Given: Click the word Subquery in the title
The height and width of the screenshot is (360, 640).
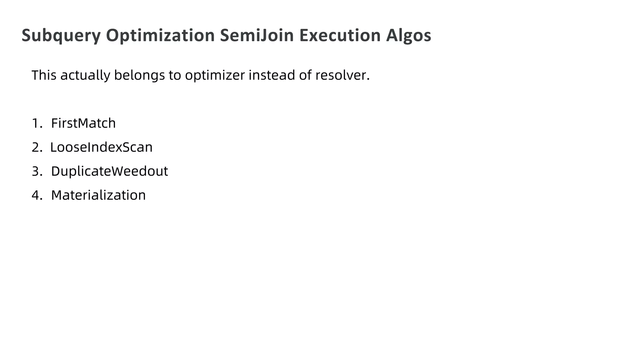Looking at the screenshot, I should click(x=61, y=36).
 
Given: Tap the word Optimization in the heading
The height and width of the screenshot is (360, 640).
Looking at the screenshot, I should click(x=160, y=35).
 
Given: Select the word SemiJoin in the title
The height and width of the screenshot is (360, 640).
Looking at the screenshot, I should click(x=257, y=35).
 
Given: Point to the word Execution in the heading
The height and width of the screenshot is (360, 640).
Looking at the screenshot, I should click(x=340, y=35).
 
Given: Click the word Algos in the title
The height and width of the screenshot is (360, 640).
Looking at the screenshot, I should click(x=408, y=36).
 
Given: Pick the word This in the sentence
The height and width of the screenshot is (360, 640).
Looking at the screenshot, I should click(x=44, y=75).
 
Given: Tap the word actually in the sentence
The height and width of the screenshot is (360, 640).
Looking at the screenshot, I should click(x=85, y=75).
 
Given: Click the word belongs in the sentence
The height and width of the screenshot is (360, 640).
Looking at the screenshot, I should click(x=139, y=75).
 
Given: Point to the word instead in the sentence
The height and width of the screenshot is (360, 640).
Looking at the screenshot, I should click(x=272, y=75).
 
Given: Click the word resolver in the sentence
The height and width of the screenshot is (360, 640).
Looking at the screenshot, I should click(x=342, y=75).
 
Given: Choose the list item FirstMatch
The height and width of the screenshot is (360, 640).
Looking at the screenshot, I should click(x=83, y=123).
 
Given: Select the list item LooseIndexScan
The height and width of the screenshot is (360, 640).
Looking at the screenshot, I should click(x=101, y=147).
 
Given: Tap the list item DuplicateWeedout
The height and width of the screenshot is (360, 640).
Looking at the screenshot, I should click(x=109, y=171).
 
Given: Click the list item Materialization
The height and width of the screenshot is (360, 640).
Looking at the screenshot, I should click(x=98, y=195).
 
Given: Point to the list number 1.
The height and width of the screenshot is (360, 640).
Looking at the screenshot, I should click(x=36, y=123).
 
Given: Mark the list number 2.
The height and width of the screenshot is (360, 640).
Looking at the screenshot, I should click(x=37, y=147).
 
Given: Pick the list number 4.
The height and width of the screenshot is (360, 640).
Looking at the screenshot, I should click(x=37, y=195).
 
